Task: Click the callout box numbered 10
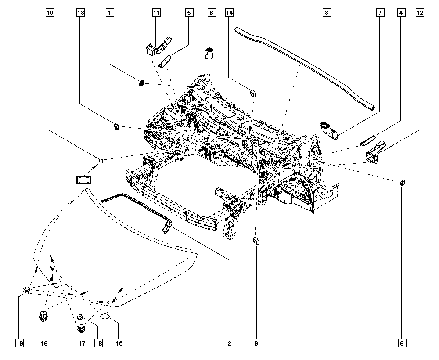tap(50, 13)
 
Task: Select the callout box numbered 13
tap(80, 13)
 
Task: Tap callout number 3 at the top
tap(327, 13)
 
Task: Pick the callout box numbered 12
tap(420, 13)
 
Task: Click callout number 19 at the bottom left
tap(19, 343)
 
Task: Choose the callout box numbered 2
tap(229, 343)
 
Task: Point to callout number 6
tap(402, 343)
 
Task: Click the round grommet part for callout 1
tap(142, 83)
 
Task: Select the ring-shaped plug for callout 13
tap(115, 126)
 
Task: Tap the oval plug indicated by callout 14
tap(252, 94)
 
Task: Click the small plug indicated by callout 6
tap(402, 183)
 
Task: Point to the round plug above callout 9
tap(256, 241)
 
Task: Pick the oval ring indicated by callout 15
tap(105, 317)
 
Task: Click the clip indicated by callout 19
tap(26, 290)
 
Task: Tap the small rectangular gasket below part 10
tap(84, 180)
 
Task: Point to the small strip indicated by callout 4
tap(367, 140)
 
